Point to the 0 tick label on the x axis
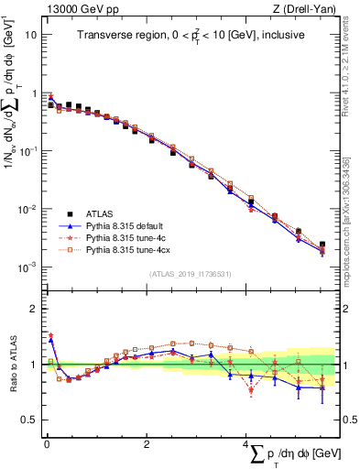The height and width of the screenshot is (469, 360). [45, 445]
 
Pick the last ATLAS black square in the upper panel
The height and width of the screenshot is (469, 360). [322, 245]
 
